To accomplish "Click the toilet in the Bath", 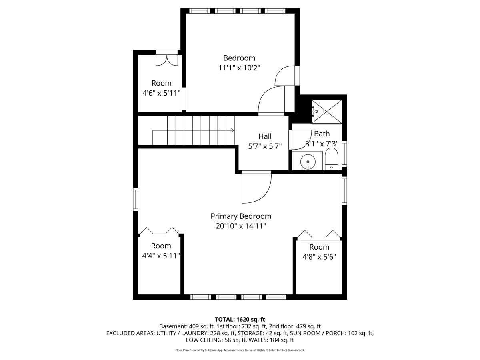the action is click(331, 159).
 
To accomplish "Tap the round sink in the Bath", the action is click(308, 162).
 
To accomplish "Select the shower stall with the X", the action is click(326, 112).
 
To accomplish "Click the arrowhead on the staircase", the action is click(232, 130).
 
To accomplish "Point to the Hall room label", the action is click(265, 136).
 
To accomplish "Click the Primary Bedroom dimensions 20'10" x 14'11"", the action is click(241, 226).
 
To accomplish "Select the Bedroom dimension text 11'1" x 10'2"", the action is click(239, 68).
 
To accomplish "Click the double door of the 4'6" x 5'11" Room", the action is click(167, 58).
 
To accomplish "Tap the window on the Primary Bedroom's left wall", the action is click(136, 199).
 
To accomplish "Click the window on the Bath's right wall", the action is click(344, 154).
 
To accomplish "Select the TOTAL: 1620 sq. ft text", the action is click(240, 319).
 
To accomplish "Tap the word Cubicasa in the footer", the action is click(210, 350).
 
